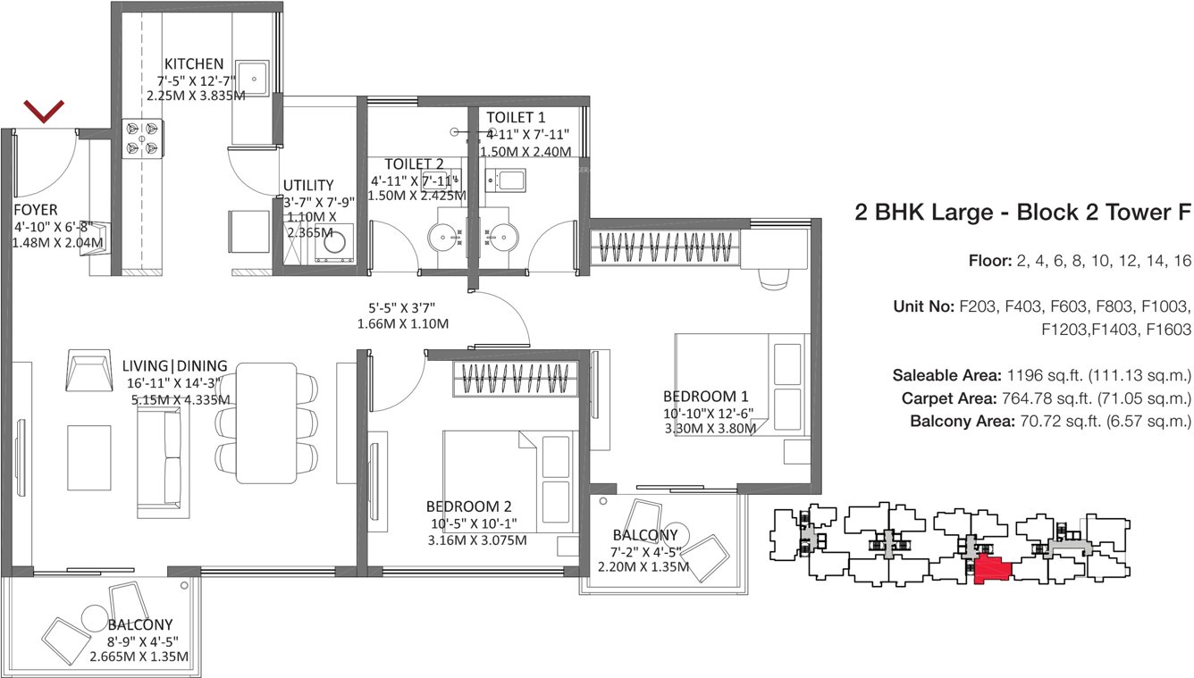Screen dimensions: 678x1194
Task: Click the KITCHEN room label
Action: [193, 63]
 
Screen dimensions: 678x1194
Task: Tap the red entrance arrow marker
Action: [44, 112]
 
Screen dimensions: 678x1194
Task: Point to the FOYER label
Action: [36, 209]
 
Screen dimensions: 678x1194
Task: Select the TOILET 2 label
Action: [415, 164]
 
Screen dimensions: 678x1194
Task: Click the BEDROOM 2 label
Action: [469, 505]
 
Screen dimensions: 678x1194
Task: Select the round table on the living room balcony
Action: [94, 617]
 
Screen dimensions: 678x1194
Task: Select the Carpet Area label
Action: [951, 398]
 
